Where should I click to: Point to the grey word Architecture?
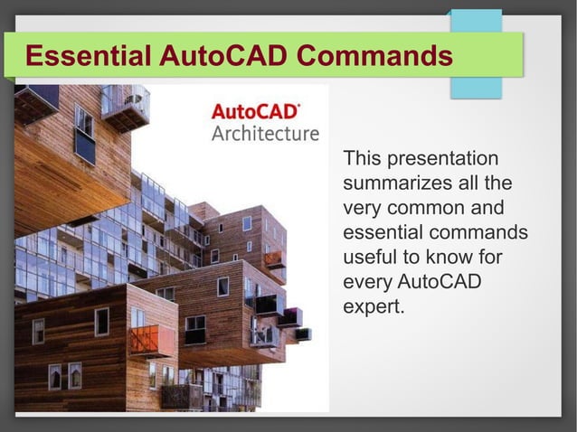pyautogui.click(x=265, y=134)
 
